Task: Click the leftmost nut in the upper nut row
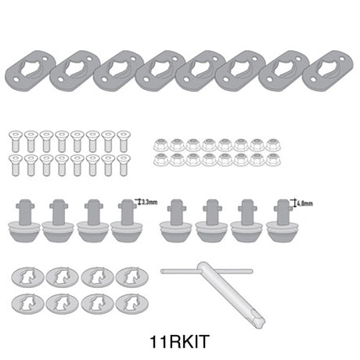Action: tap(159, 144)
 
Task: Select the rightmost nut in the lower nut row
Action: tap(273, 160)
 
